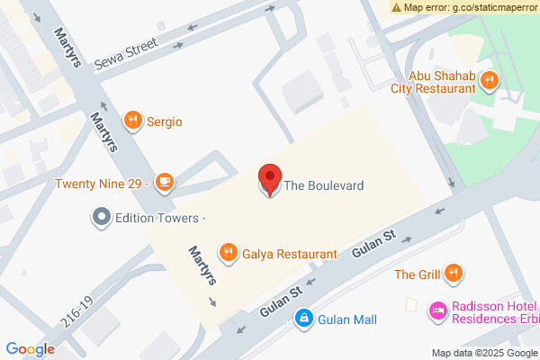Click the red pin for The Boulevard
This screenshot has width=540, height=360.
coord(269,178)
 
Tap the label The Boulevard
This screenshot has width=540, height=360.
coord(324,186)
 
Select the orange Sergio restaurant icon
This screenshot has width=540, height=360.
coord(133,120)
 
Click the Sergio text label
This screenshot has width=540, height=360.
coord(166,121)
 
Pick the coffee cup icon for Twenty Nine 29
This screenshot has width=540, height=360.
coord(163,183)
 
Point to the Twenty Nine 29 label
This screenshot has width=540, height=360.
coord(100,184)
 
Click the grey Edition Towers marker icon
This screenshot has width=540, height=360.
coord(101,218)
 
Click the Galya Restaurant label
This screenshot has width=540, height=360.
coord(289,255)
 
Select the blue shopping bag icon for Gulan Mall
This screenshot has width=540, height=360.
coord(305,319)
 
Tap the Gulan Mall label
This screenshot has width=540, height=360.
coord(346,319)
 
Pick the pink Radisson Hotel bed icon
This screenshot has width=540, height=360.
coord(437,310)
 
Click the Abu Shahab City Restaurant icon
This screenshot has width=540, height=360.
coord(489,80)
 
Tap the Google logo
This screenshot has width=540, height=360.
coord(31,349)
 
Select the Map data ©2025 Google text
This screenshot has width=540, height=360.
coord(483,352)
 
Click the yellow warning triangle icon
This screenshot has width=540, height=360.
coord(397,6)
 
